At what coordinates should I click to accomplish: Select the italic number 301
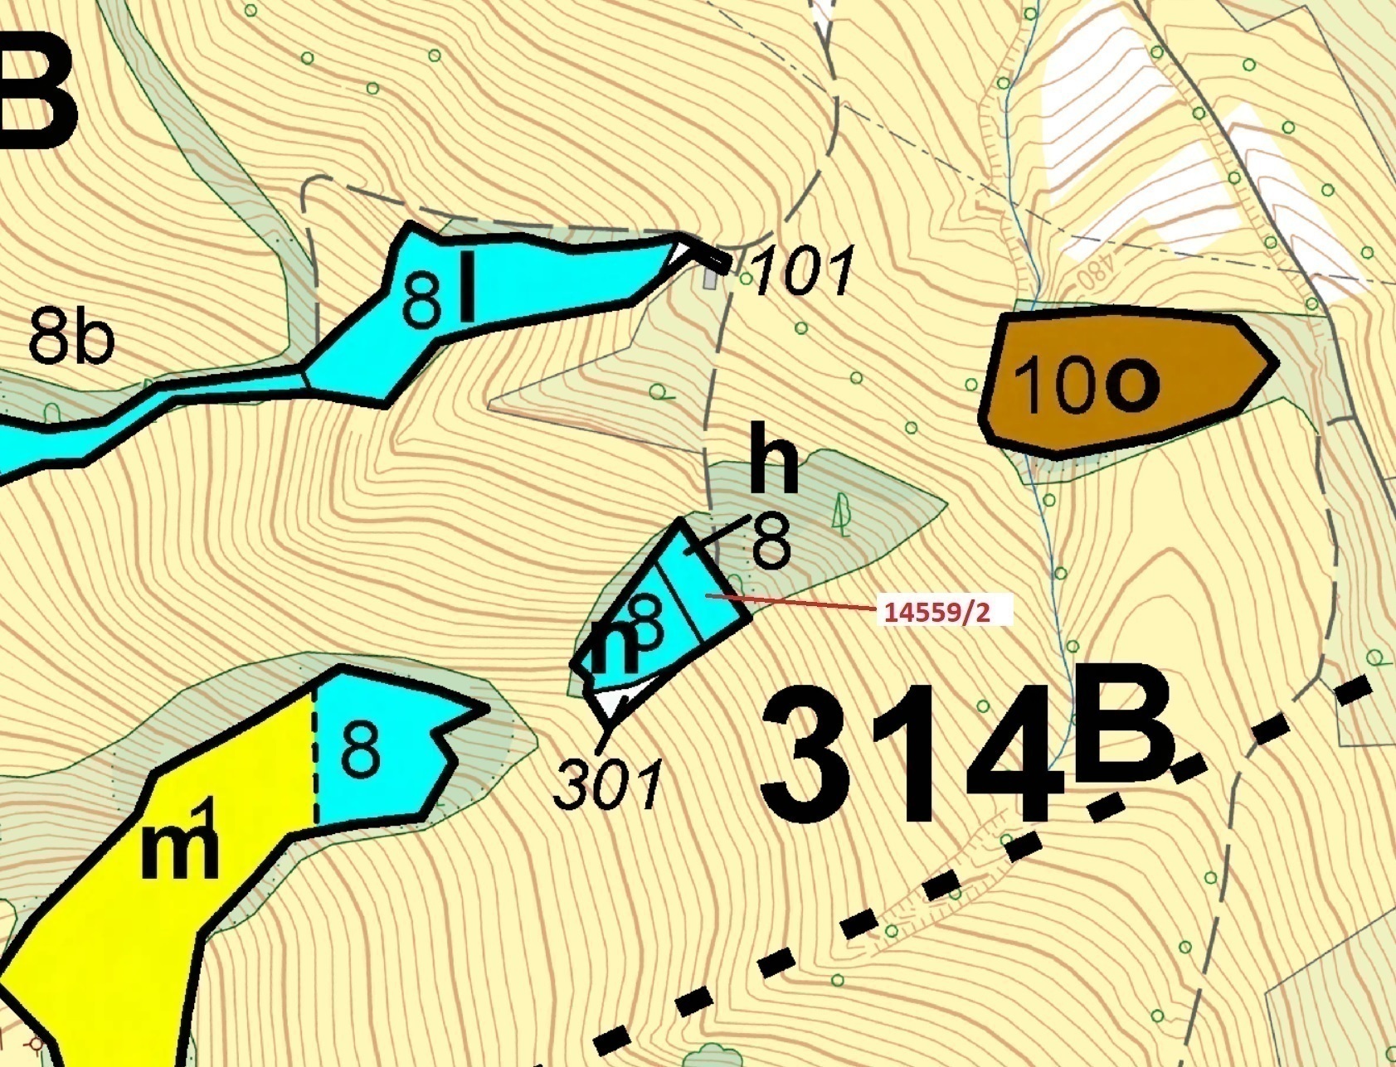[608, 783]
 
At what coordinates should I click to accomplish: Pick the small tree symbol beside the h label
[843, 514]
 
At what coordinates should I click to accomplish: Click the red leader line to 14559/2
[796, 603]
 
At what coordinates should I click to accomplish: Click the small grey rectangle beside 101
[710, 277]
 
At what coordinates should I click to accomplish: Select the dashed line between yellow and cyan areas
[315, 754]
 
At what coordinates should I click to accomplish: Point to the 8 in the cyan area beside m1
[361, 749]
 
